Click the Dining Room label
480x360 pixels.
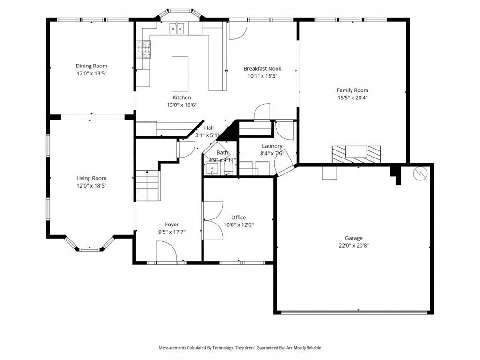91,66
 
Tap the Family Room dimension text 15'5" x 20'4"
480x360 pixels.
352,98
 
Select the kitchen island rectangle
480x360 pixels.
180,74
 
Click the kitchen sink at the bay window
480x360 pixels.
177,29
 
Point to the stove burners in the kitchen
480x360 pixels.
143,49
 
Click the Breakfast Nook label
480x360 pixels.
262,68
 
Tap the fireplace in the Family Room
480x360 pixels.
356,153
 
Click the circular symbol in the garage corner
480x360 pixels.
420,173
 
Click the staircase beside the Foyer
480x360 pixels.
148,185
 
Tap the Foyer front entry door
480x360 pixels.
166,252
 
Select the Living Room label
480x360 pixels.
91,178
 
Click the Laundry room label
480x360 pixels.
272,146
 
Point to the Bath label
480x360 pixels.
222,153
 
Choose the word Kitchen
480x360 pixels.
181,97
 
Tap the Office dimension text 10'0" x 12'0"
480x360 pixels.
238,225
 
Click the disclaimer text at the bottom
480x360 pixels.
240,348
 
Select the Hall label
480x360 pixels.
209,128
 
